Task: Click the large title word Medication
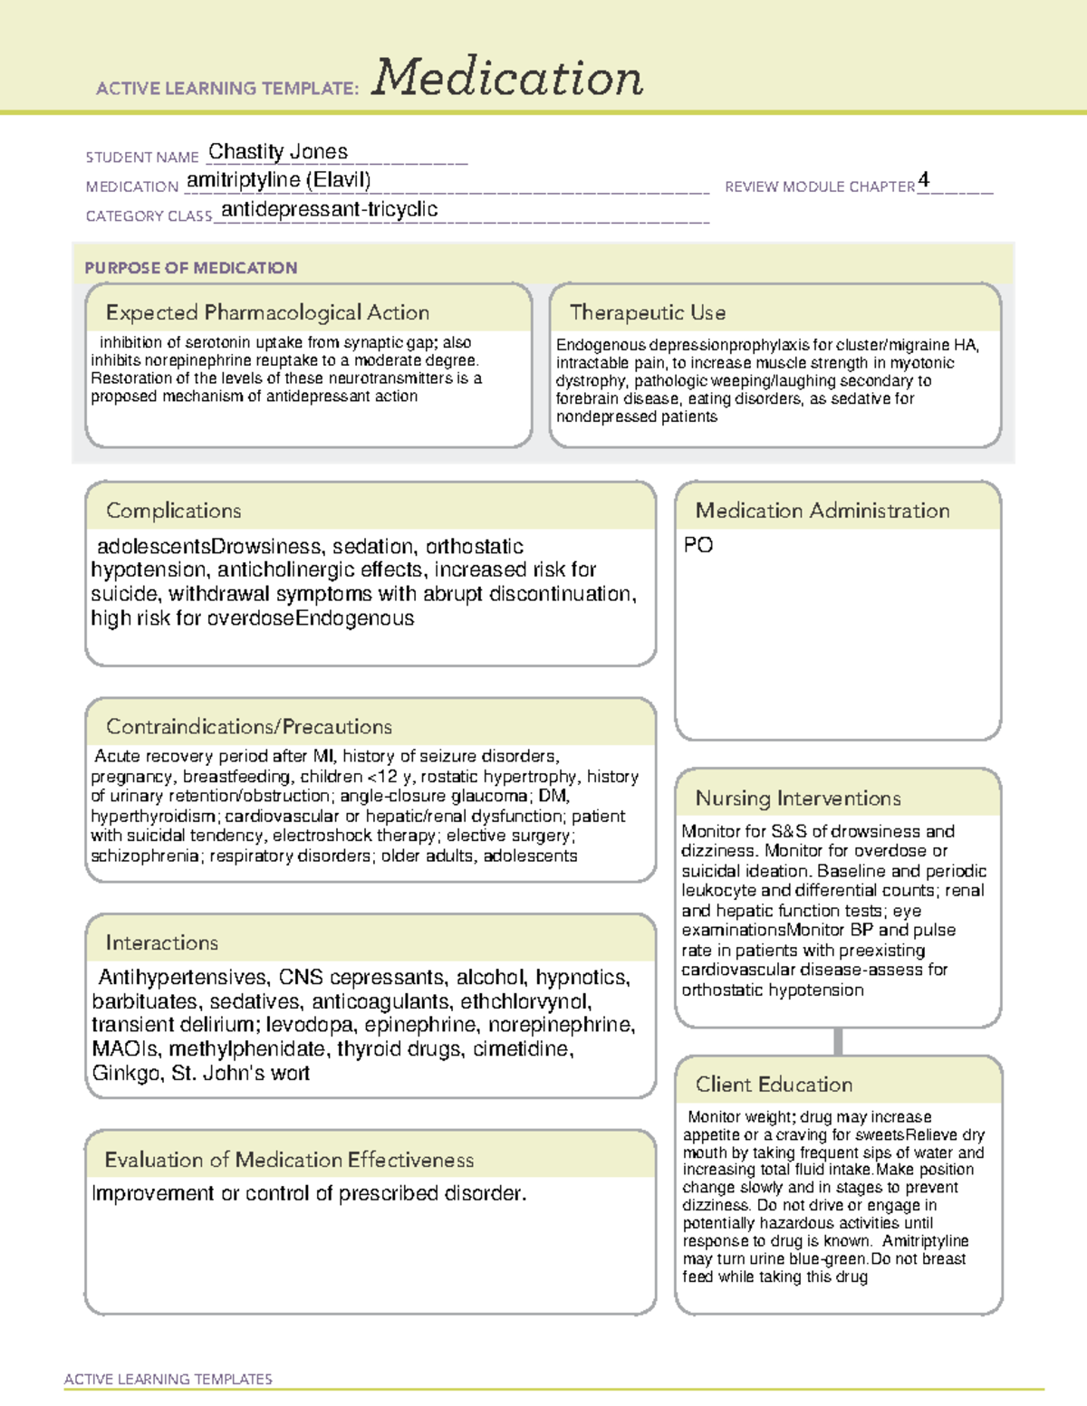pos(507,78)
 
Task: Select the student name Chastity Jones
pos(278,152)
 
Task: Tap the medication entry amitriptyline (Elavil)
pos(278,180)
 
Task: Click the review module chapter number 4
pos(923,179)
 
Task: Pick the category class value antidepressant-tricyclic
pos(329,209)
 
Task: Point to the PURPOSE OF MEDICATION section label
pos(190,268)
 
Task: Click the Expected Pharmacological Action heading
pos(267,312)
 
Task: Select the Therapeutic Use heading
pos(647,312)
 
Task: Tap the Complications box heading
pos(173,511)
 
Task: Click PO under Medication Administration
pos(697,545)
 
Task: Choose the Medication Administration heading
pos(822,511)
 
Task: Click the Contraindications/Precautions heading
pos(248,726)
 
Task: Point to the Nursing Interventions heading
pos(797,798)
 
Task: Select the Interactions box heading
pos(161,942)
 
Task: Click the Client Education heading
pos(774,1085)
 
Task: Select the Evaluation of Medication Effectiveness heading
pos(289,1160)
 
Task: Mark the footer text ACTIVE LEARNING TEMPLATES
pos(168,1379)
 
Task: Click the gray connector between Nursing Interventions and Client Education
pos(838,1041)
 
